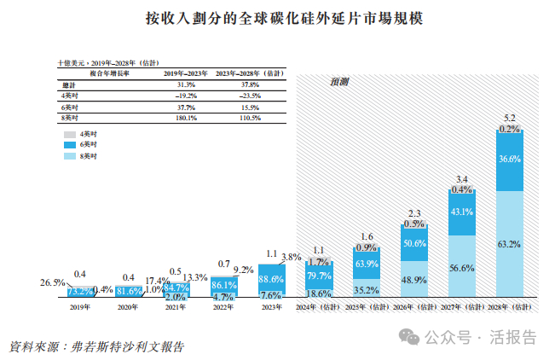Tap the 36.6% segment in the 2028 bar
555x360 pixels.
click(509, 160)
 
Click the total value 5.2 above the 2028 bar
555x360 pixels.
click(509, 117)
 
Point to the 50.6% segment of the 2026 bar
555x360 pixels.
click(413, 243)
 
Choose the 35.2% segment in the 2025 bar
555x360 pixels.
click(366, 288)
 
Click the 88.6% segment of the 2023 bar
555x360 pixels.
click(271, 279)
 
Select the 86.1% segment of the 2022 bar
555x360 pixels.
click(223, 284)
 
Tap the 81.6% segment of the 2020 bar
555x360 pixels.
click(129, 291)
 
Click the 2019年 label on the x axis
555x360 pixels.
click(80, 305)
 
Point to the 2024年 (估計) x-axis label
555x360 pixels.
click(318, 305)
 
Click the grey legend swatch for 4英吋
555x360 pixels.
click(69, 135)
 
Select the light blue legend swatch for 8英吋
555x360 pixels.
click(69, 158)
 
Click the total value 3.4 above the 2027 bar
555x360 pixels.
click(461, 177)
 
